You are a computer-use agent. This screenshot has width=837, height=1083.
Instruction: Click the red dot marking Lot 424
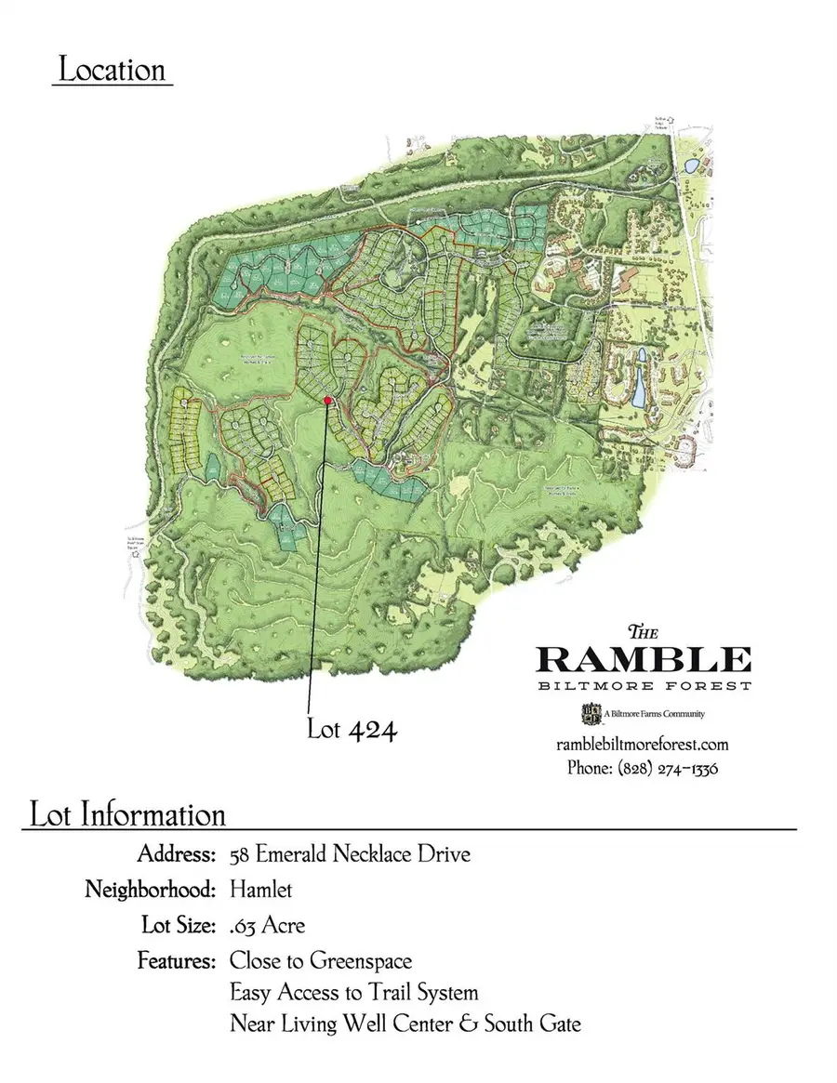(328, 400)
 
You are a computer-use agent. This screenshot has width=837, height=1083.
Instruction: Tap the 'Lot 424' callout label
(352, 730)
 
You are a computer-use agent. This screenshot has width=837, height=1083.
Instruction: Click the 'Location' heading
(112, 71)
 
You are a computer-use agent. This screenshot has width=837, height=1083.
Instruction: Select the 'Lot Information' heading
(127, 814)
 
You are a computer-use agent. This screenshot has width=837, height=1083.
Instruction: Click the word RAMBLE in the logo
(644, 659)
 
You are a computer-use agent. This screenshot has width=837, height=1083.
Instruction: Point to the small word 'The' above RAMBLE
(644, 629)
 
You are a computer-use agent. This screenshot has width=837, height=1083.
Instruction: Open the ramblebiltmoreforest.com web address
(642, 745)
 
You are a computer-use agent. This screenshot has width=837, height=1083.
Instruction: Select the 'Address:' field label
(178, 853)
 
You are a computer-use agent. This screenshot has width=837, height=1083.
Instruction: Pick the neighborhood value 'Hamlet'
(260, 890)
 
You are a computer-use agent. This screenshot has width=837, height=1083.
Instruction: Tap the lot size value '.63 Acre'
(267, 926)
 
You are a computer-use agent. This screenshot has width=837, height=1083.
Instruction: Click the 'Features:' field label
(178, 959)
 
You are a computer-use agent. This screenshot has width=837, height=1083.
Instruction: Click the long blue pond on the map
(640, 382)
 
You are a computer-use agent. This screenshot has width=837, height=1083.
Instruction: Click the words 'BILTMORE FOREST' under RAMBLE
(644, 686)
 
